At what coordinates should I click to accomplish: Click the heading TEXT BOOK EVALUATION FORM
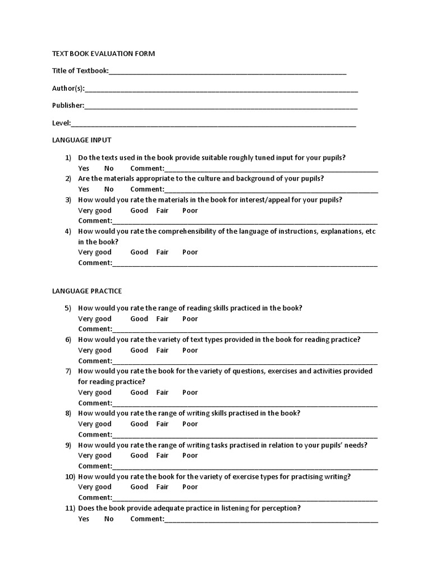click(103, 54)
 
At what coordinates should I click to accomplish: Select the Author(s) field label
click(68, 89)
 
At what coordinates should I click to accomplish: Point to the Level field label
click(61, 123)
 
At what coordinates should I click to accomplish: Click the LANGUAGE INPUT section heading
click(81, 140)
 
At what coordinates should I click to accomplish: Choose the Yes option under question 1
click(84, 168)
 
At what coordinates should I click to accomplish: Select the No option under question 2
click(109, 189)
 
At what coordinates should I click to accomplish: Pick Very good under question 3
click(95, 210)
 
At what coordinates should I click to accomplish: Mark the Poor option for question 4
click(190, 252)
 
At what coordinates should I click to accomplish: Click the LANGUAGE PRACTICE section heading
click(87, 291)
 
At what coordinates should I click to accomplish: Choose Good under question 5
click(139, 318)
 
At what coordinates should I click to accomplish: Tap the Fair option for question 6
click(162, 350)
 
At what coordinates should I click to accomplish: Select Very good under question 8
click(95, 424)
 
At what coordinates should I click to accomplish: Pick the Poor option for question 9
click(190, 455)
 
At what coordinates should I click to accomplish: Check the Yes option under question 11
click(84, 519)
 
